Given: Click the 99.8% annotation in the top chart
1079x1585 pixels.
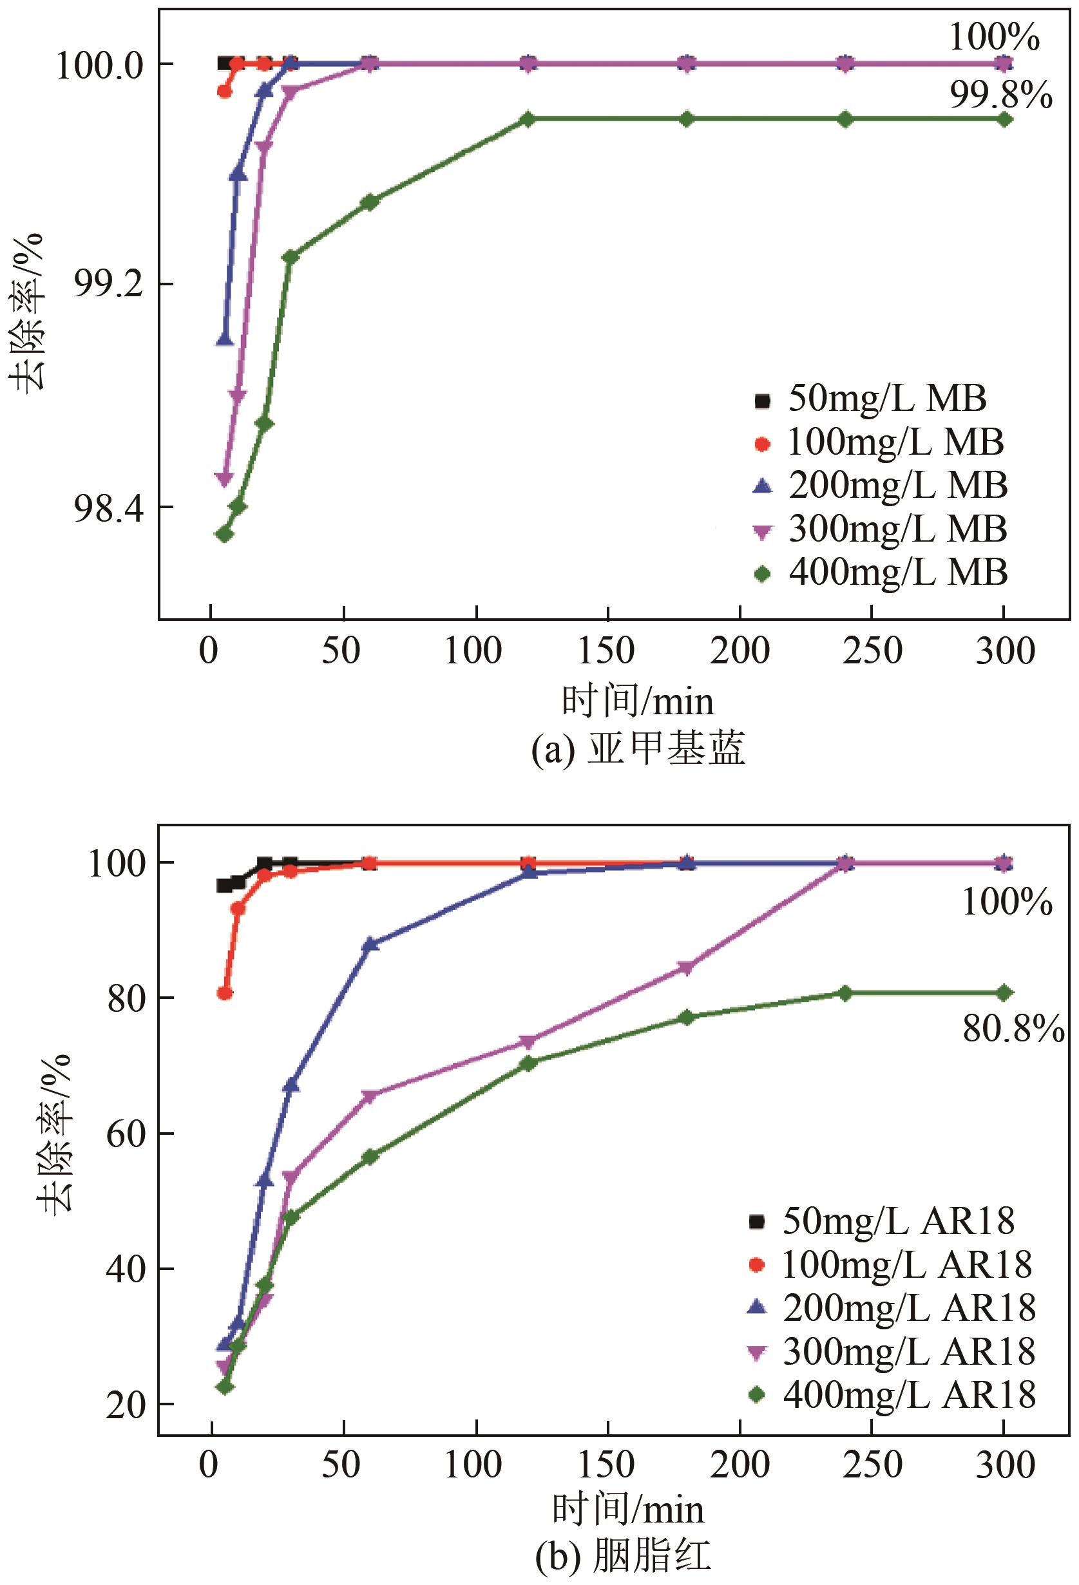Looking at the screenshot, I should tap(1000, 95).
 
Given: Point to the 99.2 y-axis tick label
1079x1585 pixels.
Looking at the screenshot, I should tap(109, 285).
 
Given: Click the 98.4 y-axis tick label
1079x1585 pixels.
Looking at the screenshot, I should tap(109, 508).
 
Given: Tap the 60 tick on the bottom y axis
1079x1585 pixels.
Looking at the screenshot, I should tap(127, 1134).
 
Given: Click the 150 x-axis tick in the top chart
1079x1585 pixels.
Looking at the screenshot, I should tap(606, 651).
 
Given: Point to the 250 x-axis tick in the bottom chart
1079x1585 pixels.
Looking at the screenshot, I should tap(872, 1465).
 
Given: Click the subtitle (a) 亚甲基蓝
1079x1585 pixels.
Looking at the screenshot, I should tap(638, 748).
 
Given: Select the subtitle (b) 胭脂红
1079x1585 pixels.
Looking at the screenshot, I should tap(623, 1557).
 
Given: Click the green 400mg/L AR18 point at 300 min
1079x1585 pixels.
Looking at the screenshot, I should tap(1003, 993).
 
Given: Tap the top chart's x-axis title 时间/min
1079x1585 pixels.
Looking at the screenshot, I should tap(638, 701).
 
